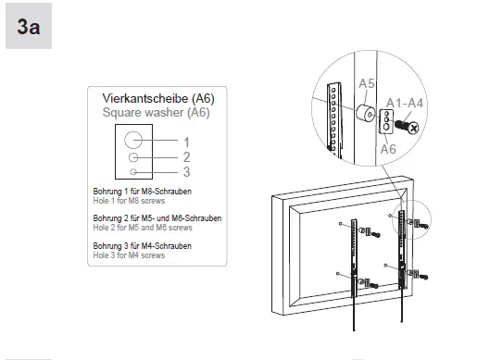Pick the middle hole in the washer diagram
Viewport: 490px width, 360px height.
(133, 158)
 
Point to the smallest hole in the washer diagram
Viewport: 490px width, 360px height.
(133, 171)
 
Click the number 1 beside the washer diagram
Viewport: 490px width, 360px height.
(186, 142)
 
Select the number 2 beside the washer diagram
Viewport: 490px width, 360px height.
(186, 157)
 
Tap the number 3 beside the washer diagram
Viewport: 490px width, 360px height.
(186, 171)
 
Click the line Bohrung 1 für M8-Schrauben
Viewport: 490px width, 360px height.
(143, 192)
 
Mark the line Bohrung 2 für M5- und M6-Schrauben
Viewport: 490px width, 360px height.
(157, 218)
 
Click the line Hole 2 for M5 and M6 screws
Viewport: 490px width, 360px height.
(143, 227)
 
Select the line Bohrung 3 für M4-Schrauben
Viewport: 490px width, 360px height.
(143, 245)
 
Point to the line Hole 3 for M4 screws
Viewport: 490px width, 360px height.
(130, 254)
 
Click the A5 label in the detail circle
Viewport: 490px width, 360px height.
(367, 84)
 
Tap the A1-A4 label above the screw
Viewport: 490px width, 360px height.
(405, 102)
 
